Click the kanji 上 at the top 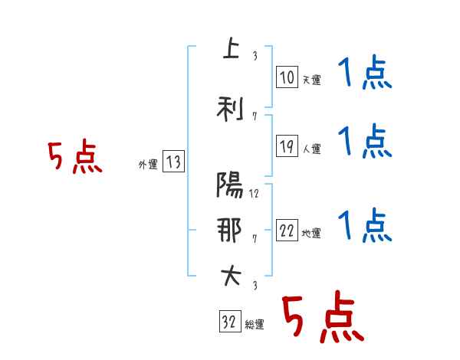pos(232,48)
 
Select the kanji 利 pos(230,109)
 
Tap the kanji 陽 pos(230,185)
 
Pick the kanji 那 pos(229,230)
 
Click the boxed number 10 pos(287,77)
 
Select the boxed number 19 pos(287,146)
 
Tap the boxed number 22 pos(287,230)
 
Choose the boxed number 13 pos(173,162)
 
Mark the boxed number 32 pos(230,321)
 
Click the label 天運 pos(311,80)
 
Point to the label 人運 pos(311,149)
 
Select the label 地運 pos(311,233)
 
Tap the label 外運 pos(148,165)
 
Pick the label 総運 pos(255,324)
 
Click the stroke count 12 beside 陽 pos(254,194)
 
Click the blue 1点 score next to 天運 pos(365,72)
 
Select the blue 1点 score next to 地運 pos(365,225)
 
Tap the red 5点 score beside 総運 pos(323,316)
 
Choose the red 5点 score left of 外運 pos(75,156)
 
